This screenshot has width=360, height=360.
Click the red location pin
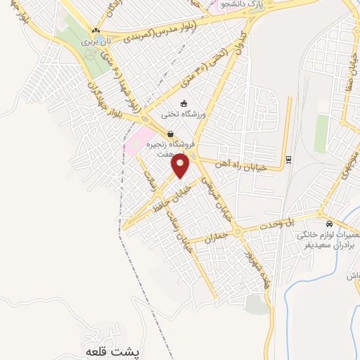[181, 165]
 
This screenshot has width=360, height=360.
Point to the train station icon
[288, 160]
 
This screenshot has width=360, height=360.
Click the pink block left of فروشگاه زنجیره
[137, 141]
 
